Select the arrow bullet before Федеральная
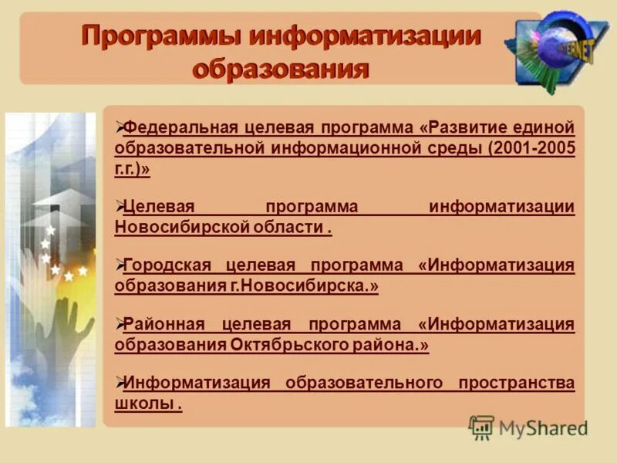(119, 126)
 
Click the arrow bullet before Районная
(119, 323)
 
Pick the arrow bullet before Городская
(119, 264)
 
